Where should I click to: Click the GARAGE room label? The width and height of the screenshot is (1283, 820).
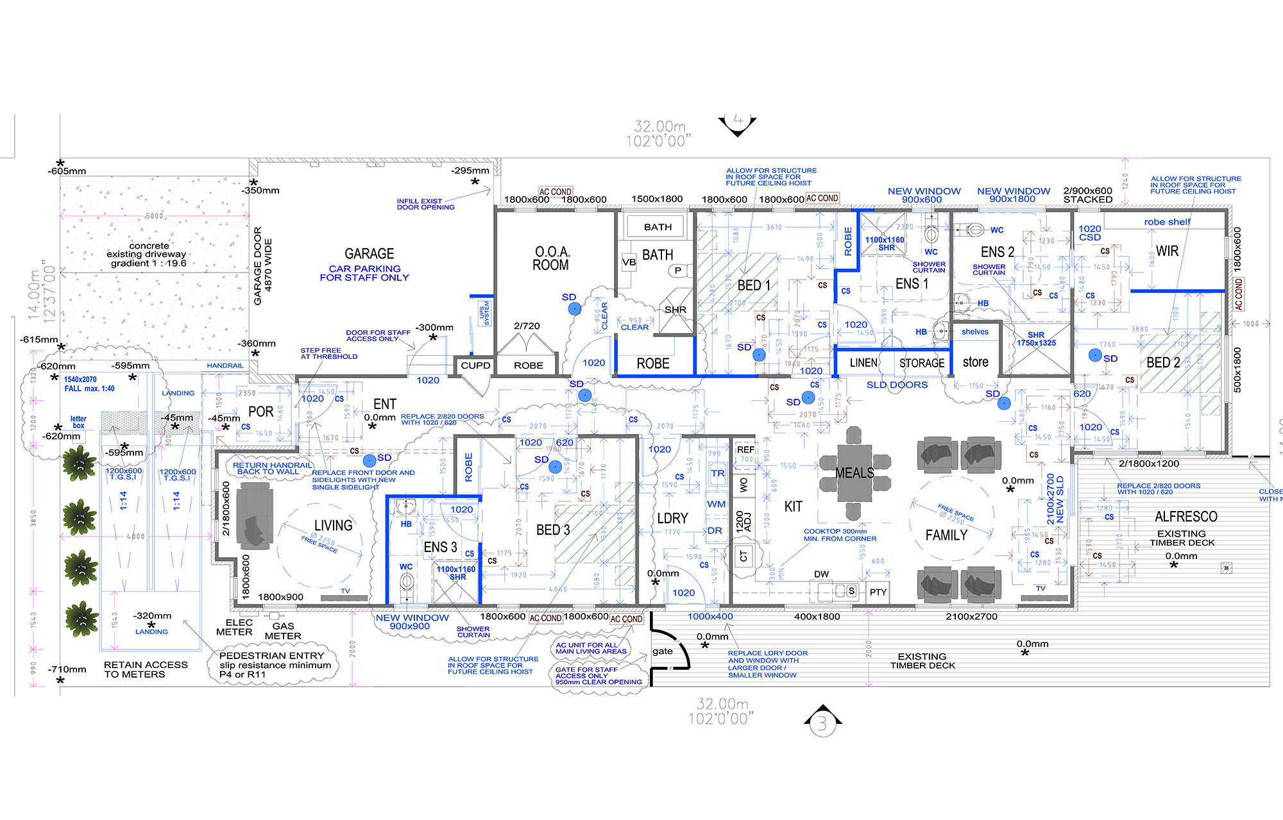point(369,254)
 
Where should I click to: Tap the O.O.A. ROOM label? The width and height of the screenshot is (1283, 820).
point(551,258)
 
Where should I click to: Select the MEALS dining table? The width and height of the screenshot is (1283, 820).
point(854,474)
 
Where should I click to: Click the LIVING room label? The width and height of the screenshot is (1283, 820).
point(333,526)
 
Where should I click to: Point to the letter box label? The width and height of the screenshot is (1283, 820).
point(78,422)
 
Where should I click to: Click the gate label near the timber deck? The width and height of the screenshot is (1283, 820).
point(662,651)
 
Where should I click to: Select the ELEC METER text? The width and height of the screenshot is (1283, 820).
point(235,627)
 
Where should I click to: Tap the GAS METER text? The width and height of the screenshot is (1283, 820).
point(283,631)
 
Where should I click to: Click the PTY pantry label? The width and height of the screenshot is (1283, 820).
point(878,592)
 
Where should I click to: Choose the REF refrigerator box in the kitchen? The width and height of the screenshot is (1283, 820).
point(745,450)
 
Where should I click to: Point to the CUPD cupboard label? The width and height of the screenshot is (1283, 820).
point(475,365)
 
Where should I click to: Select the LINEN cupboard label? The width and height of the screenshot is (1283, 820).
point(863,363)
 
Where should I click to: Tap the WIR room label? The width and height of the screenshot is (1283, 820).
point(1167,251)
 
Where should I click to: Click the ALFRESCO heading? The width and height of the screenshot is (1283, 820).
point(1185,517)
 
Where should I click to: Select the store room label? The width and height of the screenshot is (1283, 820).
point(975,362)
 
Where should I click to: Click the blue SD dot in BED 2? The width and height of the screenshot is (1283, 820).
point(1095,355)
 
